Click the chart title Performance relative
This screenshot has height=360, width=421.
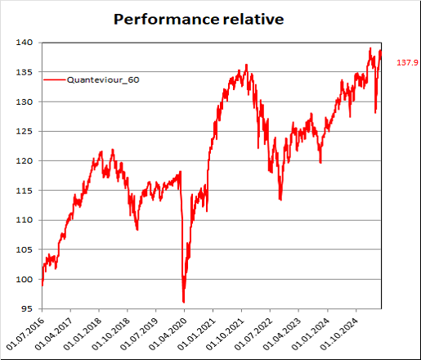[199, 20]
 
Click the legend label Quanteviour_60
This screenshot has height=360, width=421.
[103, 80]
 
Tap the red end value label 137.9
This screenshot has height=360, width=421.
[407, 62]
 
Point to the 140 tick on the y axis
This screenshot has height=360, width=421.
[25, 43]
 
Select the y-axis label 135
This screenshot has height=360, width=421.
[25, 72]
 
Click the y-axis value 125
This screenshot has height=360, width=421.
[25, 132]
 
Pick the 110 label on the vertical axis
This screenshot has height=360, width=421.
[25, 220]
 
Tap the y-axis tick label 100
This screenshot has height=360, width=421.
[25, 280]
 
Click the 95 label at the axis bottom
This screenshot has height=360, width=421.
[27, 309]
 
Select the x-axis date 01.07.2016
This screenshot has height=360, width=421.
[25, 334]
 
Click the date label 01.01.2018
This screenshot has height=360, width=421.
[83, 334]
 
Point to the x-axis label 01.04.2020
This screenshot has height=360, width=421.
[168, 334]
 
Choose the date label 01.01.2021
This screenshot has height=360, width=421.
[196, 334]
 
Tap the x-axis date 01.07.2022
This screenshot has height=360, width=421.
[253, 334]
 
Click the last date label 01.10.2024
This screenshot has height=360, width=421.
[339, 334]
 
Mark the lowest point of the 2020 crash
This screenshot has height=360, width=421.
[184, 302]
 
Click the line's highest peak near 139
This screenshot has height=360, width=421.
[370, 48]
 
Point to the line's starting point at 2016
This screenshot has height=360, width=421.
[43, 286]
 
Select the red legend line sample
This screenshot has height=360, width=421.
[55, 79]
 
